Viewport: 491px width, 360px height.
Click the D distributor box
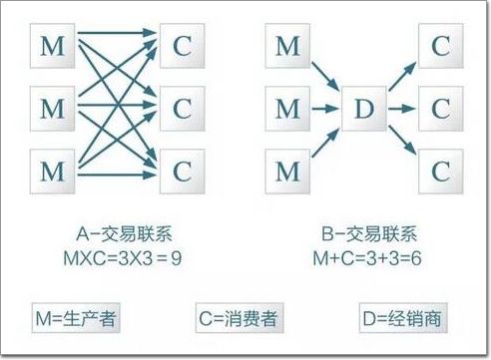pyautogui.click(x=364, y=109)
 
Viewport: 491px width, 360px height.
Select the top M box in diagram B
pyautogui.click(x=287, y=46)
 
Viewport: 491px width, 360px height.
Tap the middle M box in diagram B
pyautogui.click(x=287, y=109)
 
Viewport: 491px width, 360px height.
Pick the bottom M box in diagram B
pyautogui.click(x=287, y=172)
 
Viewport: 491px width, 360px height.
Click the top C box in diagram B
pyautogui.click(x=441, y=46)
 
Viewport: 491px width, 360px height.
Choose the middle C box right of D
pyautogui.click(x=441, y=109)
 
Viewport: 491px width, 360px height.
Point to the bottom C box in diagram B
pyautogui.click(x=441, y=172)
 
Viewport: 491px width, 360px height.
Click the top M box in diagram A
pyautogui.click(x=53, y=46)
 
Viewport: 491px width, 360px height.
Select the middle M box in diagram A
pyautogui.click(x=53, y=109)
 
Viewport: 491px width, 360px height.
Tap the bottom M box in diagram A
pyautogui.click(x=53, y=172)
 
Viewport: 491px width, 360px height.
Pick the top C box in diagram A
pyautogui.click(x=183, y=46)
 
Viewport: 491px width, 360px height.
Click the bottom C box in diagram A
pyautogui.click(x=183, y=172)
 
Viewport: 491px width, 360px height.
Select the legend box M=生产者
pyautogui.click(x=76, y=318)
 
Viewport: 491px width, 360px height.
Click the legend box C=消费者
pyautogui.click(x=240, y=318)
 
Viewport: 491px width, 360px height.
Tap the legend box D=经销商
pyautogui.click(x=403, y=318)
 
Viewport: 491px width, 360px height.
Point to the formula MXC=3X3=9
pyautogui.click(x=123, y=258)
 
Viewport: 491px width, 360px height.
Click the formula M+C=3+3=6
pyautogui.click(x=367, y=258)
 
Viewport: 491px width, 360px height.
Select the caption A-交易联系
pyautogui.click(x=124, y=234)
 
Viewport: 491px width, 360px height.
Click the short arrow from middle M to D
pyautogui.click(x=325, y=109)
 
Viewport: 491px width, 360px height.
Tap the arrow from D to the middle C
pyautogui.click(x=402, y=109)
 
